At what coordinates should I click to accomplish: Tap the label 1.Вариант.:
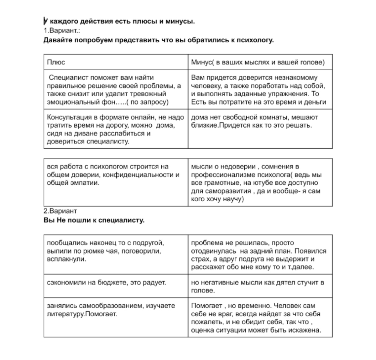(62, 31)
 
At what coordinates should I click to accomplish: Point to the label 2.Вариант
(60, 211)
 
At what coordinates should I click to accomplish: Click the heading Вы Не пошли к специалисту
(94, 220)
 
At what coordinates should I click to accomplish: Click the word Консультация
(69, 117)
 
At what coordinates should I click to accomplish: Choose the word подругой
(148, 243)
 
